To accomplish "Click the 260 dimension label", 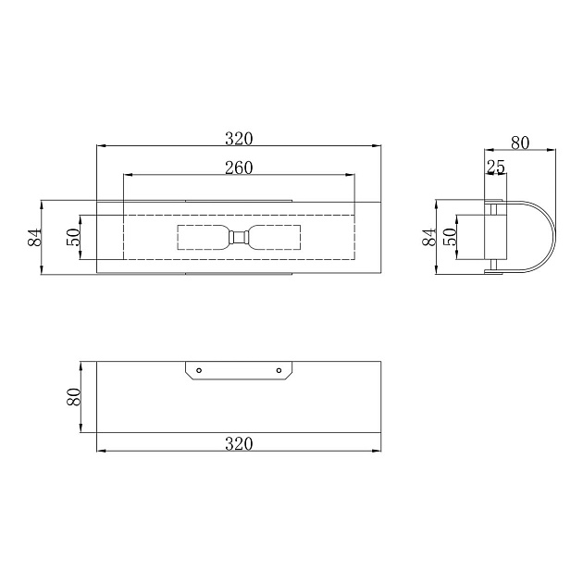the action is [239, 167].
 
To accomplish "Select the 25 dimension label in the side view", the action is [496, 167].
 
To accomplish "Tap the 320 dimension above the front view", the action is [239, 139].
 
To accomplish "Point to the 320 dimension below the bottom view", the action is [239, 444].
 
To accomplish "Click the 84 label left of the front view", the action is [34, 238].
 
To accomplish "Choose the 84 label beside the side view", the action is [429, 237].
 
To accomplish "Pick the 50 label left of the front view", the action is [73, 237].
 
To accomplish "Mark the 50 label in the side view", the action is [450, 237].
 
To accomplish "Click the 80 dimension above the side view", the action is [520, 143].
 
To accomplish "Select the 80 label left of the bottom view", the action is [74, 397].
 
